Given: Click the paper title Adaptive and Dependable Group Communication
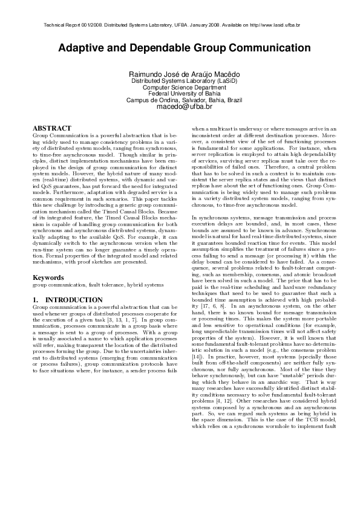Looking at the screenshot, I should tap(180, 48).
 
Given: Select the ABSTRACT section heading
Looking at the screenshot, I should tap(51, 128).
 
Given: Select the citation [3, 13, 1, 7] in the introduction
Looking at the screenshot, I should tap(126, 319).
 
